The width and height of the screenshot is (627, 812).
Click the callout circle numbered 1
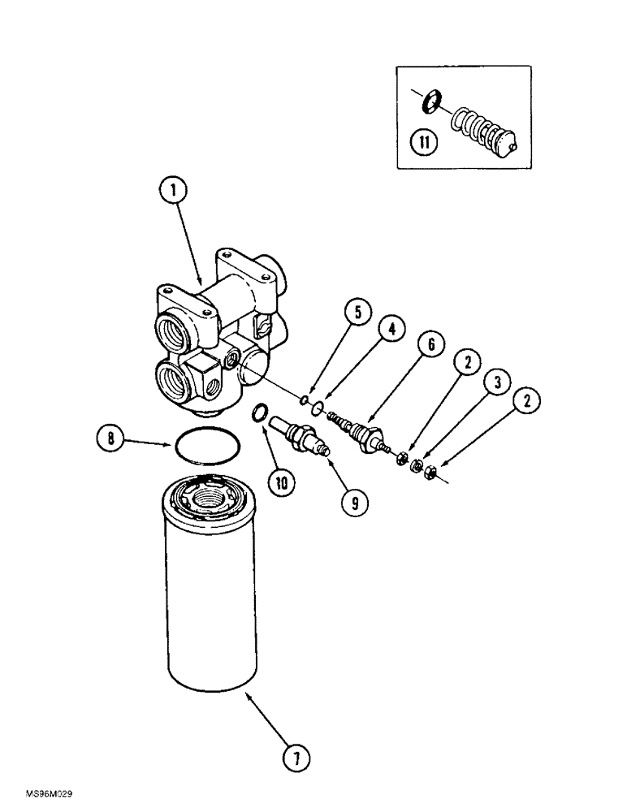(x=172, y=192)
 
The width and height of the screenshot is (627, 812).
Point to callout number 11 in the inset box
(x=424, y=144)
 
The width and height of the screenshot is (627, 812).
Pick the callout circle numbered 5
(x=339, y=313)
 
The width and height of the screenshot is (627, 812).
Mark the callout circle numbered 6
(x=430, y=345)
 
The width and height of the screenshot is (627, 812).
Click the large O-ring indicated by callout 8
(x=207, y=447)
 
